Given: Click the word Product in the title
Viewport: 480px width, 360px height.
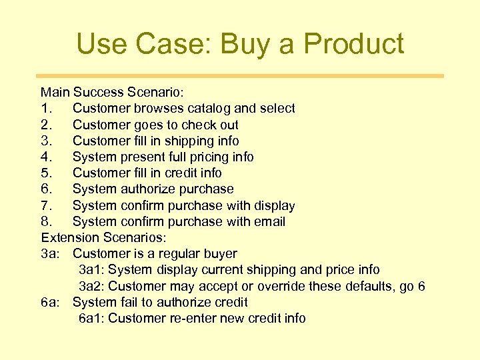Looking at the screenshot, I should pyautogui.click(x=353, y=44).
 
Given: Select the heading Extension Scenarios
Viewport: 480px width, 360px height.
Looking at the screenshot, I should pyautogui.click(x=107, y=237).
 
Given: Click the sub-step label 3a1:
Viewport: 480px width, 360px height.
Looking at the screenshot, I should pyautogui.click(x=91, y=270).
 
